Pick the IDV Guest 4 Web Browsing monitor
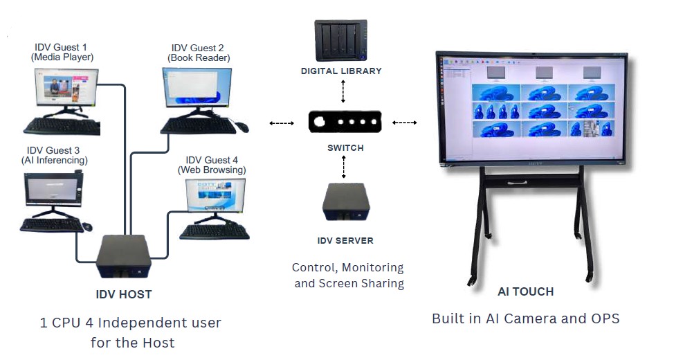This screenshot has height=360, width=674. pos(215,197)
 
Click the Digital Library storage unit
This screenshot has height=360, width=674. pos(341,40)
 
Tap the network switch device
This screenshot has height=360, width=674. pos(345,122)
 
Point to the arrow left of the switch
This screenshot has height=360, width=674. pos(281,123)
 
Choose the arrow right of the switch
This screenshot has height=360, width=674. pos(405,123)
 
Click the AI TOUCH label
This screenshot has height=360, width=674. pos(525,291)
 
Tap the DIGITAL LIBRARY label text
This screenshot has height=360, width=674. pos(341,71)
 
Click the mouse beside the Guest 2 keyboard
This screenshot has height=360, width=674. pos(241,127)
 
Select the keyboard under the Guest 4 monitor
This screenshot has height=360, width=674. pos(214,232)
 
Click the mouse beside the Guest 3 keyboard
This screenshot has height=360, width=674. pos(86,226)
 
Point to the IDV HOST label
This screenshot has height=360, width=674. pos(123,294)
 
